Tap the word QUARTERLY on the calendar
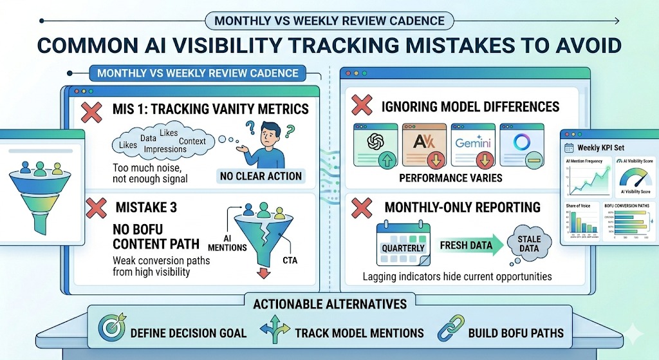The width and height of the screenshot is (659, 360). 404,248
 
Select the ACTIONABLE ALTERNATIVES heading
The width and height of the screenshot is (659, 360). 329,303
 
